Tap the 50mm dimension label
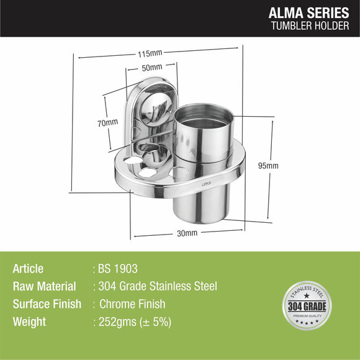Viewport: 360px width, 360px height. point(151,67)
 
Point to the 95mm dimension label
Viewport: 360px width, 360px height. point(269,166)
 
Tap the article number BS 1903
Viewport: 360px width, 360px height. point(118,269)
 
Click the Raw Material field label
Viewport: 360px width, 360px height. point(44,287)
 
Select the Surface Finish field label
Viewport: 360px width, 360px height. point(47,304)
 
